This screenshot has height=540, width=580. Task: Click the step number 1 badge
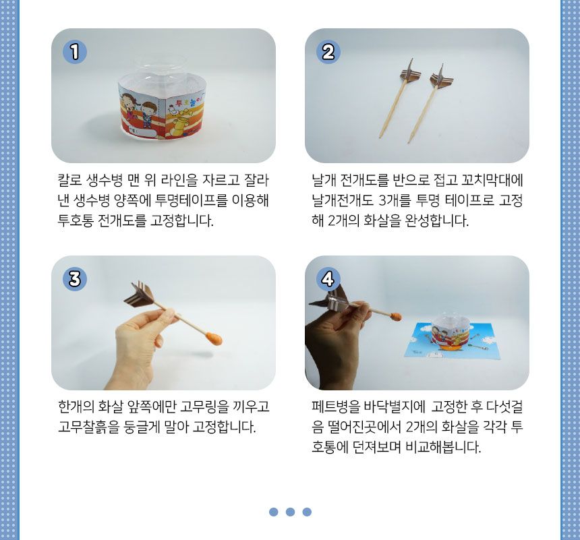coord(75,52)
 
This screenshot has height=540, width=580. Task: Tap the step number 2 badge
coord(328,52)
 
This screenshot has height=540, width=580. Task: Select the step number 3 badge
coord(75,279)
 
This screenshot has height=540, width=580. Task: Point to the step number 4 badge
coord(328,279)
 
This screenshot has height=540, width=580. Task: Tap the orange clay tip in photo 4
coord(396,317)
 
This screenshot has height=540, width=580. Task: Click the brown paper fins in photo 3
coord(139,294)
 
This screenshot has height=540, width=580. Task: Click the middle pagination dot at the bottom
coord(291,512)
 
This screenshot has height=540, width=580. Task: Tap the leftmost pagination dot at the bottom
coord(274,512)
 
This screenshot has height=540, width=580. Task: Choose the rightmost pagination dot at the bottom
coord(307,512)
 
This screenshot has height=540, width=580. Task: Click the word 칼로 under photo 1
coord(69,180)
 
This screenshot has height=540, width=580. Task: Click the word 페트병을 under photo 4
coord(335,407)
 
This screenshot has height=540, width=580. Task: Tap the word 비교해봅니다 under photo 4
coord(443,447)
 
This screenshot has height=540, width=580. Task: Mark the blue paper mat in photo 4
coord(452,341)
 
